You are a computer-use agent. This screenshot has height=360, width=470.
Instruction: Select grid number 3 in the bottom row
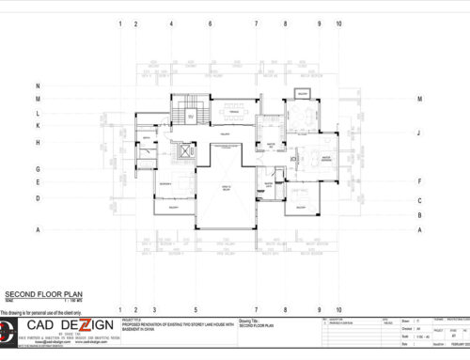pos(152,309)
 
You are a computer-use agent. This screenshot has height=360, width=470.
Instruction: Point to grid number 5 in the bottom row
pos(195,309)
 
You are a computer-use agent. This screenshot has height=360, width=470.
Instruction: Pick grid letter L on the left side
pos(38,111)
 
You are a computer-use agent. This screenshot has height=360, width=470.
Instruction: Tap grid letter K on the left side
pos(38,125)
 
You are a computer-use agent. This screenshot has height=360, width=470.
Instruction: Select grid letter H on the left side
pos(38,142)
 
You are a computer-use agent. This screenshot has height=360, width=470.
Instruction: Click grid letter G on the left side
pos(38,169)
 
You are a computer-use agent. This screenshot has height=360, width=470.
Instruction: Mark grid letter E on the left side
pos(38,182)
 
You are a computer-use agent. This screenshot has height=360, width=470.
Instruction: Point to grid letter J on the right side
pos(419,133)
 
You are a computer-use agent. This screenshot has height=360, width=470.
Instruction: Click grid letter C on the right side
pos(419,199)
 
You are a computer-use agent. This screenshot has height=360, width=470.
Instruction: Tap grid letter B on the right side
pos(419,214)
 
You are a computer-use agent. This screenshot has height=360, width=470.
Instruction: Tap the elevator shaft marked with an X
pos(179,150)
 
